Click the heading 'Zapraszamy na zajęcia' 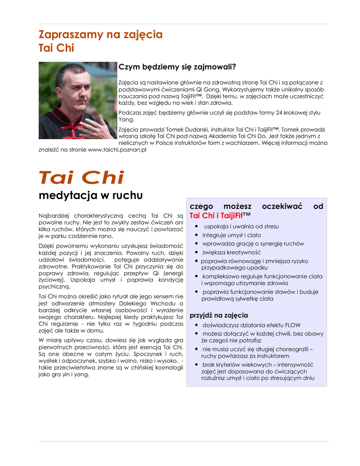tap(100, 35)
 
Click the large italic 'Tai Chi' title tap(81, 177)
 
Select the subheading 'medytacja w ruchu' tap(90, 196)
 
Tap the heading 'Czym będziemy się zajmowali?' tap(177, 67)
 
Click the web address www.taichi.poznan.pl tap(117, 150)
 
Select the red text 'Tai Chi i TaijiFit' tap(216, 215)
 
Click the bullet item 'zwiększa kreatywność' tap(231, 252)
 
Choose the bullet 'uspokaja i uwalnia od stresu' tap(241, 226)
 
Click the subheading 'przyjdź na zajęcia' tap(218, 315)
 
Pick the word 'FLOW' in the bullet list tap(292, 325)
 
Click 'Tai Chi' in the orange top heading tap(56, 48)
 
